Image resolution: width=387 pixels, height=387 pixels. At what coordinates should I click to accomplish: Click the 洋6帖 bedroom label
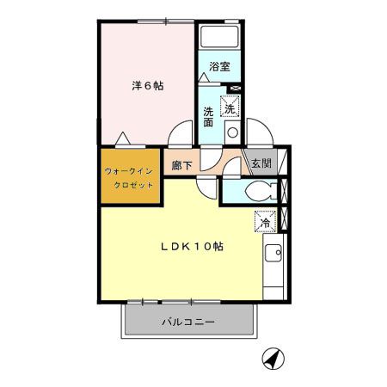click(x=147, y=85)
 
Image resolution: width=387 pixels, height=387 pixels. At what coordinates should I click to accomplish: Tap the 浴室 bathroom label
click(x=219, y=66)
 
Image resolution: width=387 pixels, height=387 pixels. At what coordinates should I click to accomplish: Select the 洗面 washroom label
click(x=208, y=116)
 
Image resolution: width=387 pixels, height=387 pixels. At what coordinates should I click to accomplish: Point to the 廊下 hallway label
click(x=181, y=165)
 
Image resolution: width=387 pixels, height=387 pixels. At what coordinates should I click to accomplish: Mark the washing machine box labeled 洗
click(x=230, y=107)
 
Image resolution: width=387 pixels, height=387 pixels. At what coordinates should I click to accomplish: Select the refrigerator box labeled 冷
click(x=265, y=222)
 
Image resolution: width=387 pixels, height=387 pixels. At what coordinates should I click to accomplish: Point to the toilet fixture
click(x=256, y=190)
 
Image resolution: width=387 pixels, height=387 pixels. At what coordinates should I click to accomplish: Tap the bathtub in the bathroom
click(x=220, y=38)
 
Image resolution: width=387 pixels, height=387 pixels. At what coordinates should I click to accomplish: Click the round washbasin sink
click(x=231, y=132)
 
